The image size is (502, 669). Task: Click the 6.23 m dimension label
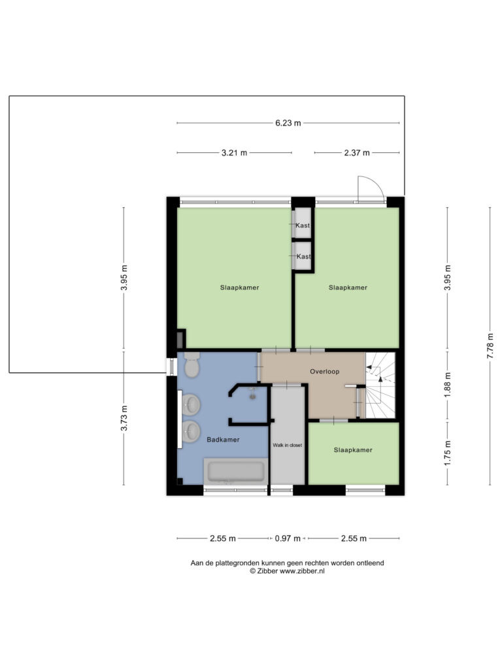click(x=288, y=123)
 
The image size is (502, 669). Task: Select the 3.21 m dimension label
click(x=234, y=152)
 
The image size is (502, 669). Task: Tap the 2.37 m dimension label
click(x=357, y=152)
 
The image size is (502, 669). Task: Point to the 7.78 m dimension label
click(x=490, y=346)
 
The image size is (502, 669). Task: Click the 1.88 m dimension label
click(x=447, y=385)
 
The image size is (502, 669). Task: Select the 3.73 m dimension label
click(x=124, y=418)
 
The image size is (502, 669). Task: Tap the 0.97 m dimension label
click(x=288, y=538)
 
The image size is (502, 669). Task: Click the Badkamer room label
click(x=223, y=440)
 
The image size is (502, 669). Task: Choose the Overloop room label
click(x=324, y=372)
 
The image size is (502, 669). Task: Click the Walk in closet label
click(x=288, y=445)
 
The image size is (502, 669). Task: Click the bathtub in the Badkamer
click(x=235, y=471)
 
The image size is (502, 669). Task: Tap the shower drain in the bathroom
click(x=253, y=397)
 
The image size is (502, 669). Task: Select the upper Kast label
click(x=303, y=225)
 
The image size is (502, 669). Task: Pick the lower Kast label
click(x=303, y=256)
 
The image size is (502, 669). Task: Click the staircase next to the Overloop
click(x=380, y=385)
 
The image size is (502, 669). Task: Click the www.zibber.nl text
click(x=302, y=571)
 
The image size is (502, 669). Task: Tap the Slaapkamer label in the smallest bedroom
click(x=353, y=449)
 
